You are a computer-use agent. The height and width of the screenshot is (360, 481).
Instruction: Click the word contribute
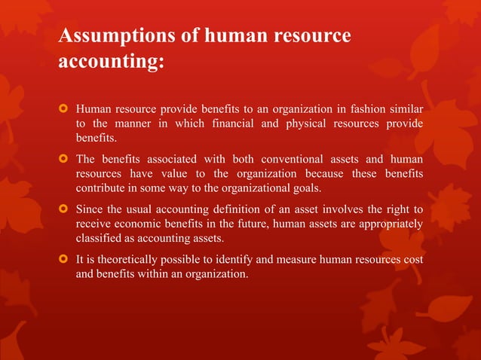coord(103,188)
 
